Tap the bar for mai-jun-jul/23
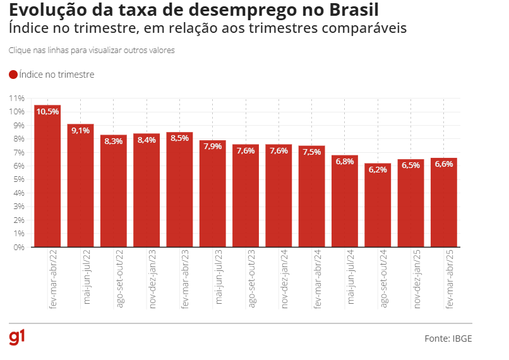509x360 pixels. click(x=213, y=196)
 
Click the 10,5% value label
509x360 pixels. click(x=47, y=112)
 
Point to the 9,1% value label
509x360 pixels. click(x=81, y=131)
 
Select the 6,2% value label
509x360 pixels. click(x=378, y=170)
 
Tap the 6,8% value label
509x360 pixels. click(x=345, y=162)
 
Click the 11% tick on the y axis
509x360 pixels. click(x=16, y=99)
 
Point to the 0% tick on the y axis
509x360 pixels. click(x=18, y=248)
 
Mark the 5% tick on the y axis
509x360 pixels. click(x=18, y=179)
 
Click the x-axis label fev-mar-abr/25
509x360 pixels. click(x=450, y=277)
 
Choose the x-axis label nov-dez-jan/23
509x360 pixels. click(x=153, y=278)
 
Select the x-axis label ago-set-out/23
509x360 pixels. click(x=252, y=278)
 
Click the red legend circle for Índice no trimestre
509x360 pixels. click(x=13, y=75)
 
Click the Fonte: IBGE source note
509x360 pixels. click(x=448, y=339)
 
